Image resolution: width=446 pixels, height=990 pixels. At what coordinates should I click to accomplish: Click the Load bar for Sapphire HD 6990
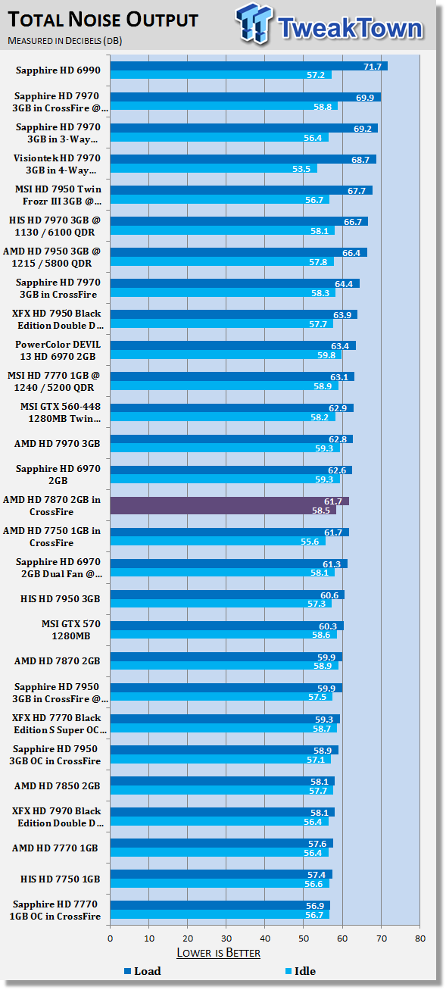(x=249, y=66)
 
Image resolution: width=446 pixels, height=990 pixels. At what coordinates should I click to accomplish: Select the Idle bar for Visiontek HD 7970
(x=214, y=168)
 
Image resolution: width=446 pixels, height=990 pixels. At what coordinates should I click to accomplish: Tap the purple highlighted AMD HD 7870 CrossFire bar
(x=229, y=506)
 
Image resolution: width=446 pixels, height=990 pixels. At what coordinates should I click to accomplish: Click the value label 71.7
(x=373, y=67)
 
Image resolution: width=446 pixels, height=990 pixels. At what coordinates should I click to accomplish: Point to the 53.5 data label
(x=301, y=169)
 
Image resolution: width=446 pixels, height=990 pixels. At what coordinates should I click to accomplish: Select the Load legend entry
(x=143, y=971)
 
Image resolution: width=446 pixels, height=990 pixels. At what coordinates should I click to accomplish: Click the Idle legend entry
(x=301, y=971)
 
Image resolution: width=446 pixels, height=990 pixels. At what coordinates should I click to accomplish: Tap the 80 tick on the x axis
(x=420, y=938)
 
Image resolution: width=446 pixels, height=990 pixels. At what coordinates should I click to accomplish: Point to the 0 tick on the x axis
(x=110, y=938)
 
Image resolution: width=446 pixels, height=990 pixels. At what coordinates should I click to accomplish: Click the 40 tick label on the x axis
(x=265, y=938)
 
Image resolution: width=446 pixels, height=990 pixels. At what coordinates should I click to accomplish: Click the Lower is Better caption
(x=218, y=952)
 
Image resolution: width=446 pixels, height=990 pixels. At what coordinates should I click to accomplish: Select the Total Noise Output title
(x=104, y=20)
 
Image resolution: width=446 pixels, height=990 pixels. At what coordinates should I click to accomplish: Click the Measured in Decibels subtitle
(x=65, y=41)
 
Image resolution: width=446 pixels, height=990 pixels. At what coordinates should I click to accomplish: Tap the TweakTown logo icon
(x=254, y=23)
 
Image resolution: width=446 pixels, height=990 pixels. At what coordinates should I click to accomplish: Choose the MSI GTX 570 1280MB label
(x=71, y=629)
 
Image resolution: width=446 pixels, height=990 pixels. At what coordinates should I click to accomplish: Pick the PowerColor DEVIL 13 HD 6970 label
(x=58, y=351)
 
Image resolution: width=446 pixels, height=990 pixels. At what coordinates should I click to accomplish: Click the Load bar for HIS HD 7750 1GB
(x=221, y=874)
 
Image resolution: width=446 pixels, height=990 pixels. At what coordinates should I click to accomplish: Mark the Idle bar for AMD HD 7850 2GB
(x=221, y=790)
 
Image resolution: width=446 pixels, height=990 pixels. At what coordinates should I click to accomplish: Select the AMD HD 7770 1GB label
(x=55, y=848)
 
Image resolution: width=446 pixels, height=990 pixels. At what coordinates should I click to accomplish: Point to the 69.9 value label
(x=365, y=98)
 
